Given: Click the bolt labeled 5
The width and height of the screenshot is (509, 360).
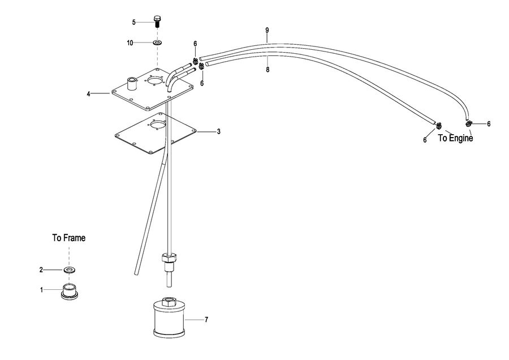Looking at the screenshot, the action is tap(157, 21).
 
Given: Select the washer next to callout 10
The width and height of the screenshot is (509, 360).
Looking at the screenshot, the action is tap(158, 42).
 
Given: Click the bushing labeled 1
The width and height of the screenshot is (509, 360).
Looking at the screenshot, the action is tap(70, 291).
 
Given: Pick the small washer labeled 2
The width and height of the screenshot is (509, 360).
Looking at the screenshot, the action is tap(69, 269).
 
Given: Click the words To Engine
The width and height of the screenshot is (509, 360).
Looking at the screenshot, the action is tap(455, 138).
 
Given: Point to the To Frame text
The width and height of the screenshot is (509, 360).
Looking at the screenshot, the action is tap(69, 238).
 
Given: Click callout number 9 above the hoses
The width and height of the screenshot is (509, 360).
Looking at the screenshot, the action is tap(267, 30).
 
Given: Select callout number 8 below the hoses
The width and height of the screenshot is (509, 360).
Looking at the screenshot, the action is tap(268, 70).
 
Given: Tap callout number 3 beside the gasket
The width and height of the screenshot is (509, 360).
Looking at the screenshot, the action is tap(219, 131).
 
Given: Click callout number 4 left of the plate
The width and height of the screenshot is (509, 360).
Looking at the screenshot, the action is tap(88, 94).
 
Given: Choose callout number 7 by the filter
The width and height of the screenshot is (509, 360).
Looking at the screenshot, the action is tap(206, 320).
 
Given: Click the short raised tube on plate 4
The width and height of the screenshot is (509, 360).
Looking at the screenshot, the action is tap(132, 83).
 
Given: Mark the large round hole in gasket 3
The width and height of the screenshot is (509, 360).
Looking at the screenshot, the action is tap(158, 124).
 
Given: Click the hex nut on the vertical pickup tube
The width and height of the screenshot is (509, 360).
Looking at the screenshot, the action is tap(169, 259).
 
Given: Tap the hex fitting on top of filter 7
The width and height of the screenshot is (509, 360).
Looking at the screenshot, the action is tap(169, 301).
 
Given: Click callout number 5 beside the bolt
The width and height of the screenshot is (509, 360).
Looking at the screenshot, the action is tap(133, 23).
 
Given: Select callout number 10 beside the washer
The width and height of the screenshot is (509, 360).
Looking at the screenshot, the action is tap(130, 43).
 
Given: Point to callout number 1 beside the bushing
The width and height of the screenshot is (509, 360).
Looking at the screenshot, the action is tap(41, 290).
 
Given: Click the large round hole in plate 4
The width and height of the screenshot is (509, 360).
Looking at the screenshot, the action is tap(154, 80).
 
